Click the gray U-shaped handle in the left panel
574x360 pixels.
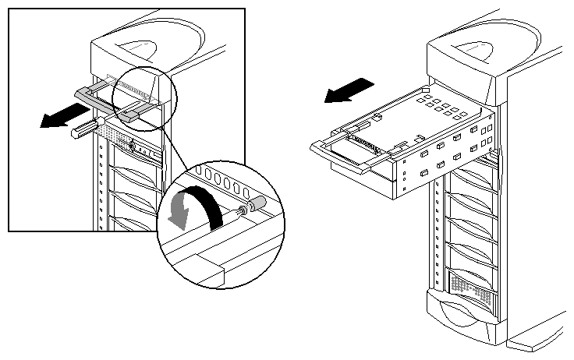pos(105,100)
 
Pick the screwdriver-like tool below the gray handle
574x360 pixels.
pos(87,127)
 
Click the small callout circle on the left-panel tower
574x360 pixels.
pos(145,96)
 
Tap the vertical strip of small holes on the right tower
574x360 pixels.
pos(439,234)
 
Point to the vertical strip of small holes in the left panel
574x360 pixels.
pos(101,187)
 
